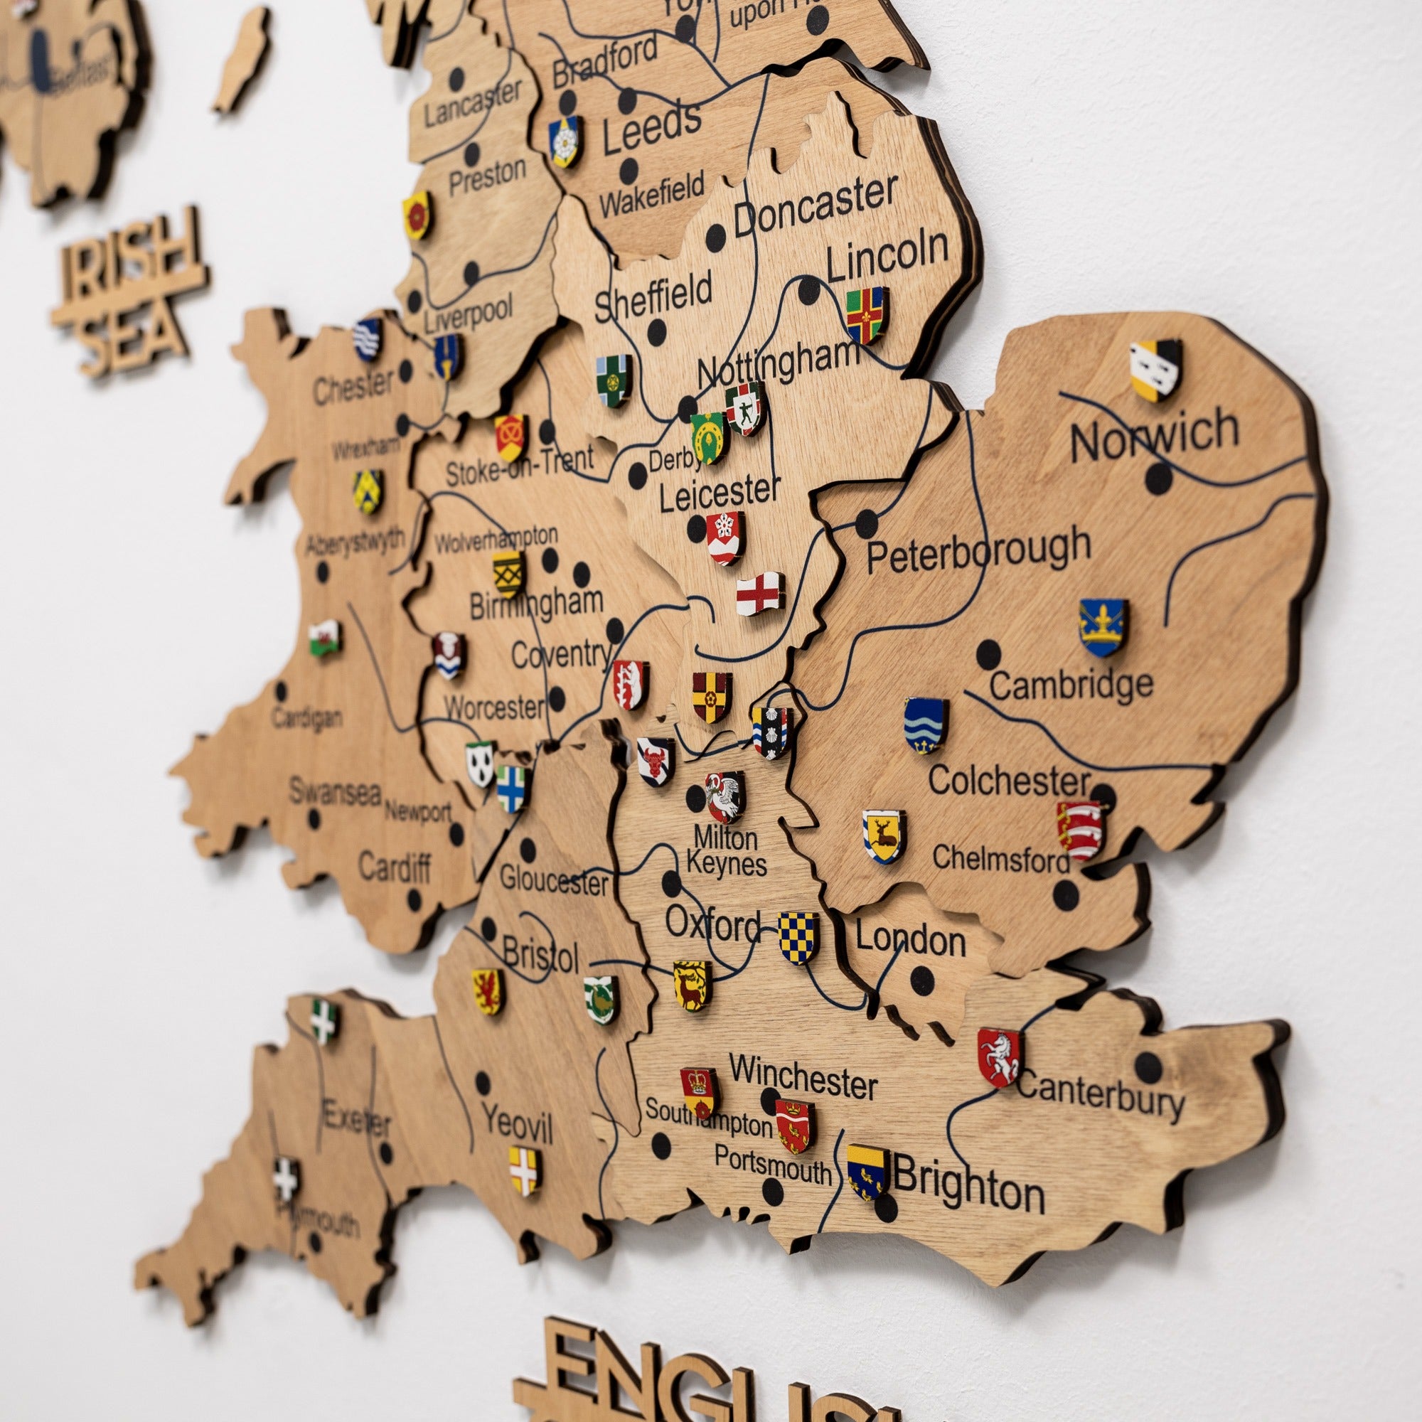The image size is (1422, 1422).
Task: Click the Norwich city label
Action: click(x=1154, y=435)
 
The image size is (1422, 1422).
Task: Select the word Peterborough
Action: click(x=978, y=550)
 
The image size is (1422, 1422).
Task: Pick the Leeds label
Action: click(x=651, y=127)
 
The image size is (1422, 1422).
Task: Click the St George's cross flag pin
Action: click(x=759, y=593)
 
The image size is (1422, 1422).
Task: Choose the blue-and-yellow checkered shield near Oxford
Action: click(x=798, y=938)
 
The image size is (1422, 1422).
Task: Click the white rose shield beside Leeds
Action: click(x=565, y=141)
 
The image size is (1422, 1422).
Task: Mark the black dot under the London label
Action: click(x=921, y=980)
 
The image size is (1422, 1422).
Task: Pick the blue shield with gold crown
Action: click(x=1103, y=627)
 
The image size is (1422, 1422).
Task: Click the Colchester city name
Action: click(x=1008, y=781)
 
